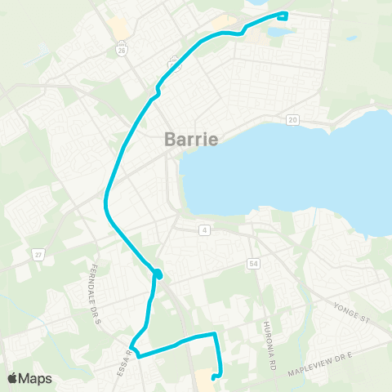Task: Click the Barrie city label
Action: click(x=191, y=139)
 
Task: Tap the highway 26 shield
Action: click(x=122, y=51)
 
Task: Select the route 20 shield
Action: click(x=292, y=120)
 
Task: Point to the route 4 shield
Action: click(x=203, y=230)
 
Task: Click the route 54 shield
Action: click(x=254, y=264)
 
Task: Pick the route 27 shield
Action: click(x=38, y=255)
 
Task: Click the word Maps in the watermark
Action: click(x=36, y=378)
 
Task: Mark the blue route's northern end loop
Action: click(x=283, y=16)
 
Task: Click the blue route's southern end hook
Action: click(x=214, y=376)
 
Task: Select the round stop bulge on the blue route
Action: click(x=158, y=274)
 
